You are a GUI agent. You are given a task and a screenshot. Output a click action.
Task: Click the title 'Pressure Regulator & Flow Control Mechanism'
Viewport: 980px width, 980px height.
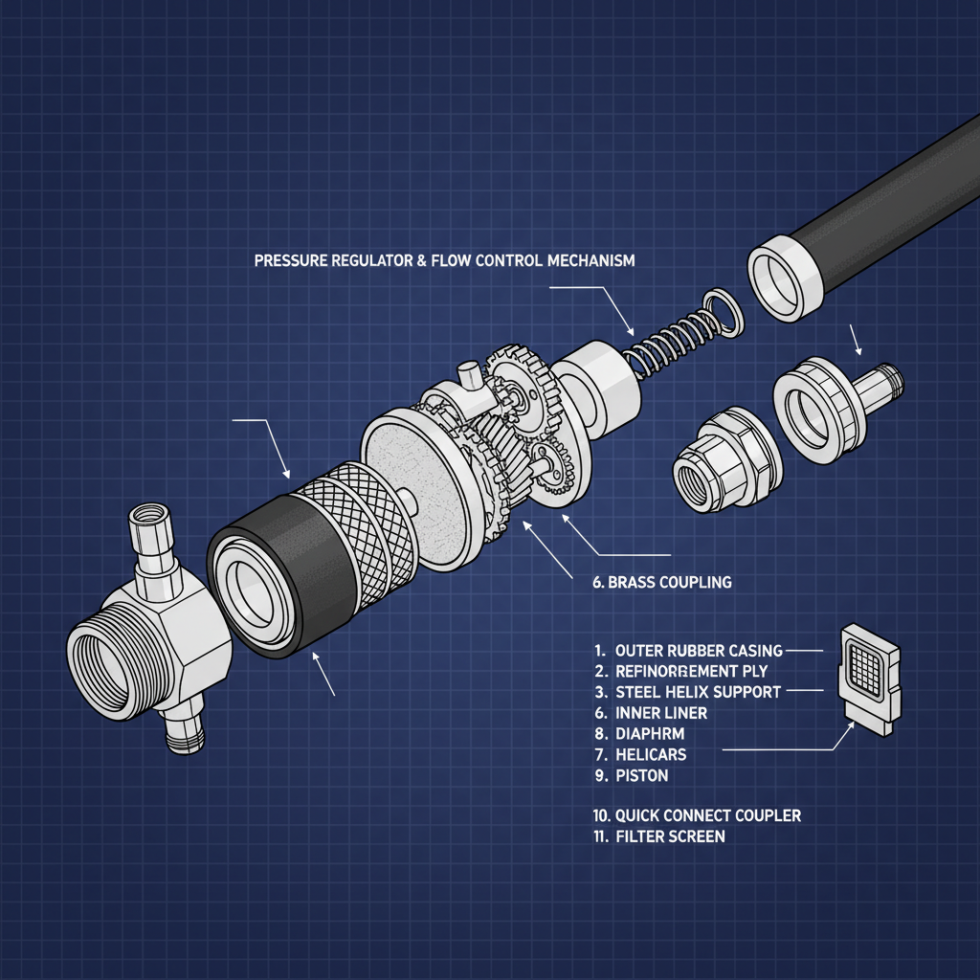click(x=444, y=261)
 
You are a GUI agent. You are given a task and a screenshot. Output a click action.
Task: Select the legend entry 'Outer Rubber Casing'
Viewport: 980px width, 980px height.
click(x=699, y=651)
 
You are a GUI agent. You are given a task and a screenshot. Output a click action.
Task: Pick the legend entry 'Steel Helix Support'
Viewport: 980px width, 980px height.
click(x=699, y=692)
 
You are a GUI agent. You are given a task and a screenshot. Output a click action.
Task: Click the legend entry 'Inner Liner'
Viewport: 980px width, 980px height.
click(x=661, y=713)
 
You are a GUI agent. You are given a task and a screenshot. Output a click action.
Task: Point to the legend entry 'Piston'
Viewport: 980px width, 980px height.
click(x=642, y=776)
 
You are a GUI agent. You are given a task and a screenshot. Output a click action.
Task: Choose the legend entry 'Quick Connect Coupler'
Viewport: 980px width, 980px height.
click(x=707, y=815)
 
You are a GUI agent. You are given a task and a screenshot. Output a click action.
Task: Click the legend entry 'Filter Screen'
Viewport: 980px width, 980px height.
click(x=670, y=836)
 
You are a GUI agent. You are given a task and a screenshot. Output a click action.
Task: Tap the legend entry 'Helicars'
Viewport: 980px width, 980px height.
click(x=651, y=755)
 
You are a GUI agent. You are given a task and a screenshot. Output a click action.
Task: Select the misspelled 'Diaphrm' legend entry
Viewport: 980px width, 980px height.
click(x=651, y=734)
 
